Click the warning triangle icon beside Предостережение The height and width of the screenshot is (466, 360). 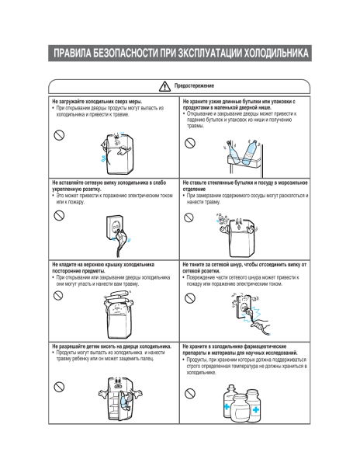tap(164, 86)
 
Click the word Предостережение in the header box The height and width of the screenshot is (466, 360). tap(194, 86)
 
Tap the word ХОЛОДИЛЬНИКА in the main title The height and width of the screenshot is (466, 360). tap(276, 53)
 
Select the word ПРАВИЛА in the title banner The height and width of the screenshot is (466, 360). tap(72, 53)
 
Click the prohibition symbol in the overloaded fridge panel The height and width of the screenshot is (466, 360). tap(59, 135)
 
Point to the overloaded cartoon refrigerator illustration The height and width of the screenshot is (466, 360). tap(117, 153)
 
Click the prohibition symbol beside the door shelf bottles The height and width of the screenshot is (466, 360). tap(190, 143)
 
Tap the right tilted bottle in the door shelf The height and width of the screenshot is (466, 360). tap(251, 152)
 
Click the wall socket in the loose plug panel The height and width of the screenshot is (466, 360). tap(114, 228)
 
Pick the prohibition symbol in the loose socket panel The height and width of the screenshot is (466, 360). tap(59, 215)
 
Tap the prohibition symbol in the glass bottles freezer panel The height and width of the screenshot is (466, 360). tap(189, 217)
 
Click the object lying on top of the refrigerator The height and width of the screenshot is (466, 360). tap(118, 296)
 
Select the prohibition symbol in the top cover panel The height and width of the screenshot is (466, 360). tap(58, 295)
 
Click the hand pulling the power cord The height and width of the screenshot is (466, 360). tap(261, 325)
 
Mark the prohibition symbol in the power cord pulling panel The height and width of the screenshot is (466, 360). tap(190, 298)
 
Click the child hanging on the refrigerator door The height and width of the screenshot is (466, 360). tap(125, 402)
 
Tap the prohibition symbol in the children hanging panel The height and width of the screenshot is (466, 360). tap(59, 387)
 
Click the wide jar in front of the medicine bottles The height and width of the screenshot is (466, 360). tap(240, 409)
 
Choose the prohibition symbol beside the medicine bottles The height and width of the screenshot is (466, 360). tap(190, 394)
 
